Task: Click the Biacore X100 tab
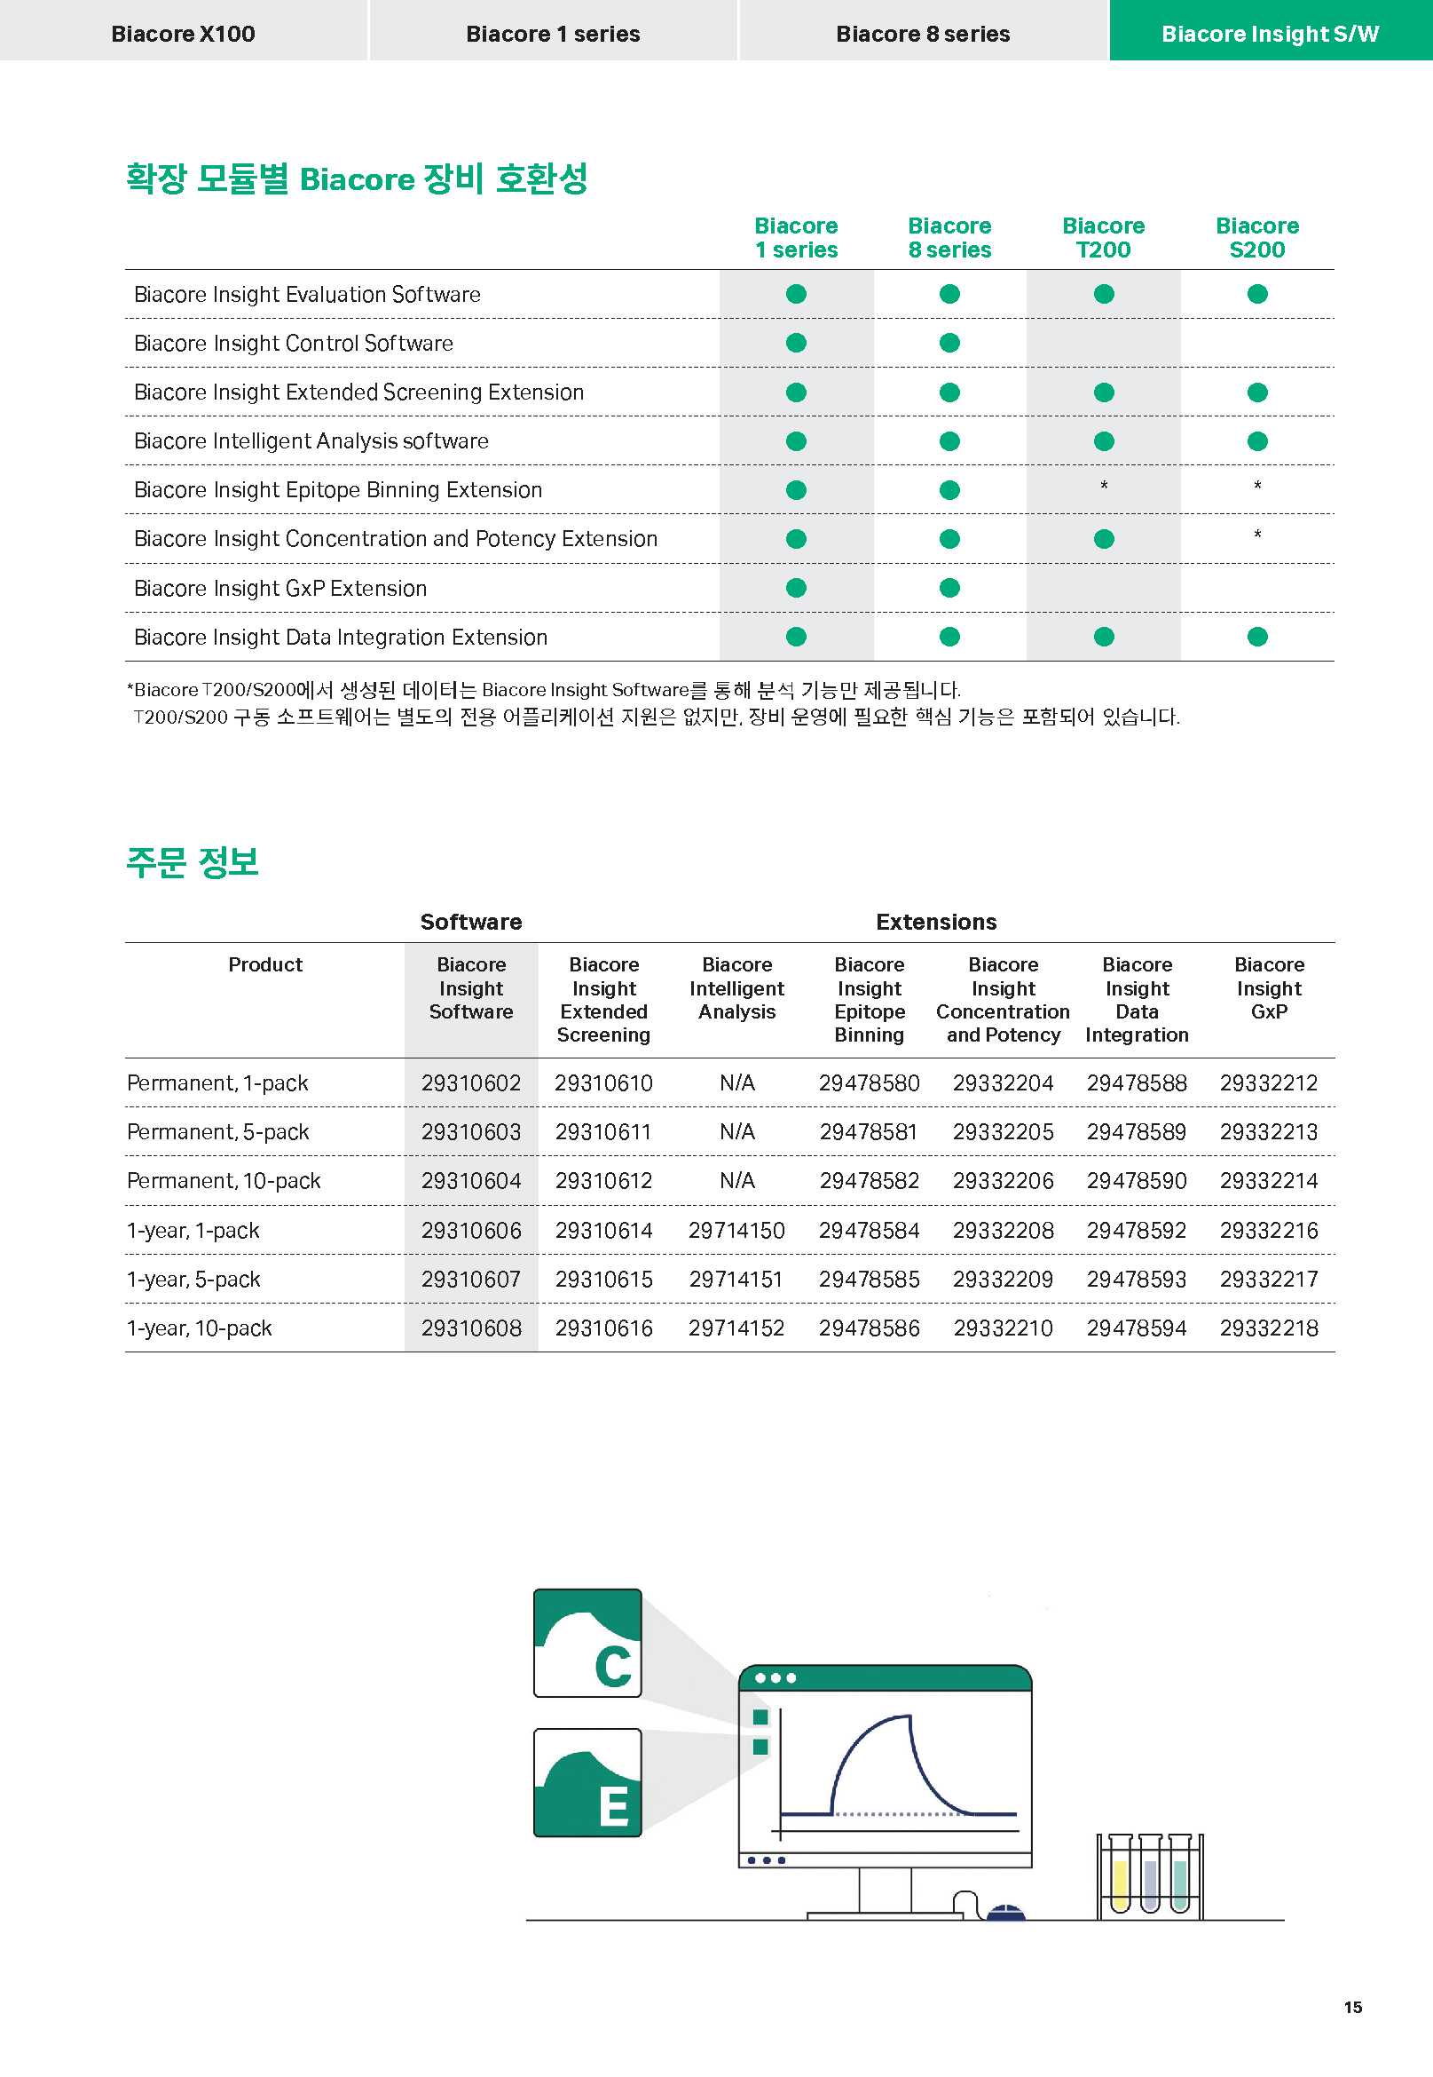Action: click(x=183, y=33)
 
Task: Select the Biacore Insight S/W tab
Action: click(x=1270, y=33)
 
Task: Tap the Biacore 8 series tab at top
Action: click(x=922, y=33)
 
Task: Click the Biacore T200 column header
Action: click(x=1104, y=238)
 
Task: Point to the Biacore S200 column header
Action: click(x=1257, y=238)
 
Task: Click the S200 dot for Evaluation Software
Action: click(x=1257, y=294)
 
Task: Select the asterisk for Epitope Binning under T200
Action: click(x=1104, y=486)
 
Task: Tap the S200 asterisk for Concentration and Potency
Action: click(x=1257, y=535)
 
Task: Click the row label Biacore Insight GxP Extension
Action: click(x=280, y=589)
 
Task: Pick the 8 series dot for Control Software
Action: click(x=949, y=343)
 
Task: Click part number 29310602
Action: click(x=470, y=1083)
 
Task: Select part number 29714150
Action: click(x=736, y=1231)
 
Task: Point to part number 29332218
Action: click(x=1269, y=1328)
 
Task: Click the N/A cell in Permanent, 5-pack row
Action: click(x=736, y=1133)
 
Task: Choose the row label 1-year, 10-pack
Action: click(x=200, y=1328)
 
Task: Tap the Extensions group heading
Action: click(x=935, y=922)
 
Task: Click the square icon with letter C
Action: click(x=587, y=1643)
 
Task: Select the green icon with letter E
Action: click(x=587, y=1782)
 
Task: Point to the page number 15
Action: click(x=1352, y=2007)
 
